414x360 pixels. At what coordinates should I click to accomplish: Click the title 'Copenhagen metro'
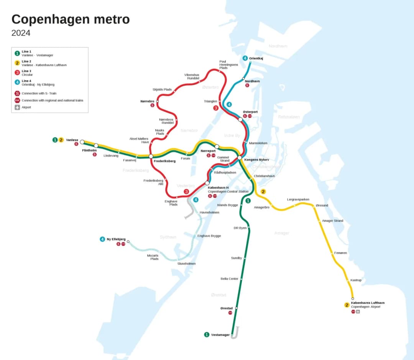pyautogui.click(x=71, y=19)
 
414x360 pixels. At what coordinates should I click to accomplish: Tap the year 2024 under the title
pyautogui.click(x=21, y=33)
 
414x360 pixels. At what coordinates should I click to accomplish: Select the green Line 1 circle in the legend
pyautogui.click(x=17, y=53)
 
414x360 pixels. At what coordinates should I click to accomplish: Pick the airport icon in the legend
pyautogui.click(x=17, y=107)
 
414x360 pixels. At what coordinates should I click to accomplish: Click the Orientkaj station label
pyautogui.click(x=256, y=58)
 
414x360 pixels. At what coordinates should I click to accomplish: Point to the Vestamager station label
pyautogui.click(x=220, y=335)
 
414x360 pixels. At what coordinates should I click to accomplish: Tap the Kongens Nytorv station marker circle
pyautogui.click(x=240, y=158)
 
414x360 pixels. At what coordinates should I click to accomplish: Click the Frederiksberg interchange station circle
pyautogui.click(x=151, y=156)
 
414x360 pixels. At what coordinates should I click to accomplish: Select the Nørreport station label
pyautogui.click(x=208, y=151)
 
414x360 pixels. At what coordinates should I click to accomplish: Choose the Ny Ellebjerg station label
pyautogui.click(x=116, y=239)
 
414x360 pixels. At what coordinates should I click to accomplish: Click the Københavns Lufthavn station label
pyautogui.click(x=368, y=303)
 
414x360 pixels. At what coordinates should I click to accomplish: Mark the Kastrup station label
pyautogui.click(x=356, y=280)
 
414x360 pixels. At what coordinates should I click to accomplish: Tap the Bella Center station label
pyautogui.click(x=229, y=279)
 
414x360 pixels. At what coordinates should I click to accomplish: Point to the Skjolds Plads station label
pyautogui.click(x=162, y=90)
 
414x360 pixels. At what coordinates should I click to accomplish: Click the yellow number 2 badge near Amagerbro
pyautogui.click(x=263, y=191)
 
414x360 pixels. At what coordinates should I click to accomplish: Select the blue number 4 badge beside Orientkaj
pyautogui.click(x=245, y=58)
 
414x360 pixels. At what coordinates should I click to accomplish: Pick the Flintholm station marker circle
pyautogui.click(x=96, y=146)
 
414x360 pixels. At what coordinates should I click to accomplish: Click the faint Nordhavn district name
pyautogui.click(x=278, y=46)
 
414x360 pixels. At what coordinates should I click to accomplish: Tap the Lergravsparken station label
pyautogui.click(x=298, y=200)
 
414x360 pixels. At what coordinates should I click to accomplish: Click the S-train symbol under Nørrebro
pyautogui.click(x=152, y=105)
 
